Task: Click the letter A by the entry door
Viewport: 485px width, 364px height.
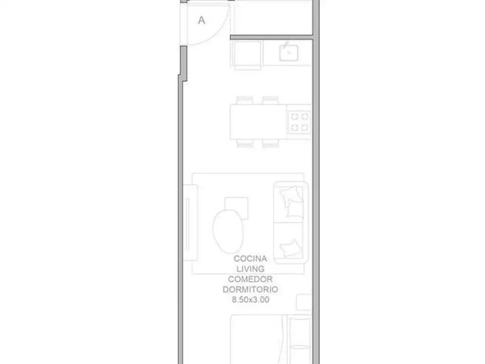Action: [x=201, y=20]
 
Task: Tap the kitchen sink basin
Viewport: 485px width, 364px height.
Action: [x=289, y=53]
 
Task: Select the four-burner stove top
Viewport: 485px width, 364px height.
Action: [x=299, y=122]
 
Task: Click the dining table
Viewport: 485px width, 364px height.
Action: [x=258, y=122]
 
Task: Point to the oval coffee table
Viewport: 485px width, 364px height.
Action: [x=228, y=231]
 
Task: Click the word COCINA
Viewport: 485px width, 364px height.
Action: [x=250, y=258]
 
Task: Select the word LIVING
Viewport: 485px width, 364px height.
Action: [x=251, y=269]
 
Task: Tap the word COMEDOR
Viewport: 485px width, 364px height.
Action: [x=250, y=279]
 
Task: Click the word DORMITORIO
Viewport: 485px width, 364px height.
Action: [x=250, y=290]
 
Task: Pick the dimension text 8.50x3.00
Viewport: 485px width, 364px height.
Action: [x=251, y=300]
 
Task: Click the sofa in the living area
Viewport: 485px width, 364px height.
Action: [x=291, y=223]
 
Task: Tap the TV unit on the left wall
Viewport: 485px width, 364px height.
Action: [x=190, y=223]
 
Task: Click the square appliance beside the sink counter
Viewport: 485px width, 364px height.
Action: [x=247, y=55]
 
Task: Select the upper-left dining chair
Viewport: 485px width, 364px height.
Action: [x=245, y=100]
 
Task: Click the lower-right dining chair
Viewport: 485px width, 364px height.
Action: [x=270, y=143]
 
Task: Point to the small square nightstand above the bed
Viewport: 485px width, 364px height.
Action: [x=304, y=302]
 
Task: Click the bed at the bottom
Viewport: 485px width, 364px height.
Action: [x=270, y=339]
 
